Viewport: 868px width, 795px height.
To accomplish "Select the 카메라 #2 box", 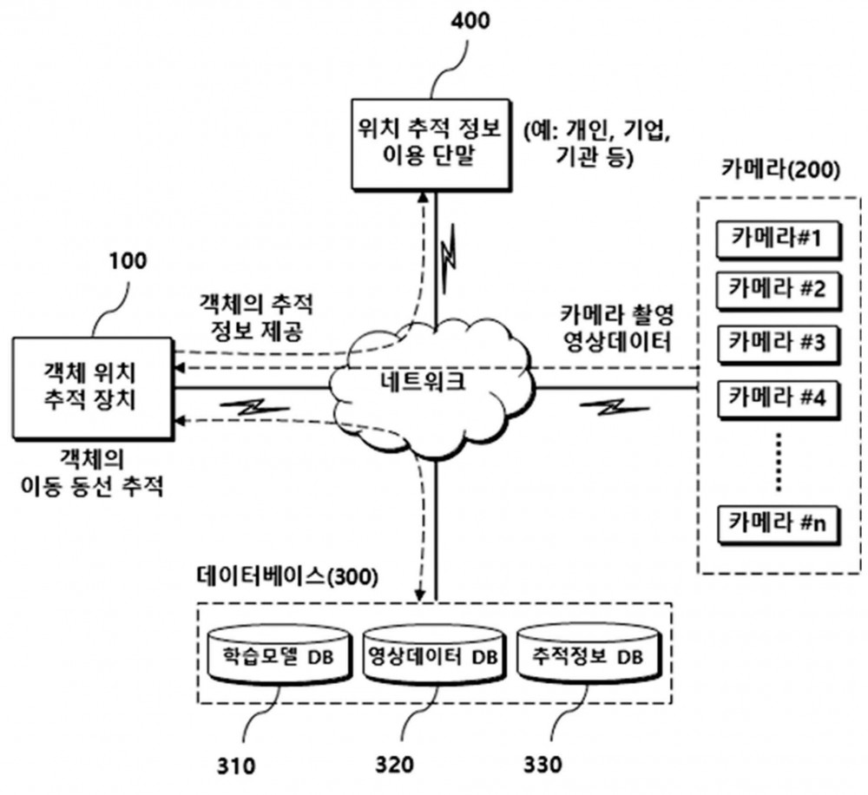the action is pos(779,290).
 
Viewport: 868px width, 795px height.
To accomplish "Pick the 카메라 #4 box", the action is pos(779,398).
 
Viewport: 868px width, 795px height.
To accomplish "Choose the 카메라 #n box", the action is pos(779,523).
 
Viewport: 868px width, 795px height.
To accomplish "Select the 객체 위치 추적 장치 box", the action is pos(93,388).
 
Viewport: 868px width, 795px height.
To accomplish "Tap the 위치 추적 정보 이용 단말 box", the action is pos(431,145).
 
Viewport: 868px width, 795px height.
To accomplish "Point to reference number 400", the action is pos(470,21).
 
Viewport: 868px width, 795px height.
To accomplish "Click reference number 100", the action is pos(128,260).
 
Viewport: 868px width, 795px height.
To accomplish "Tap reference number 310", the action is pos(236,766).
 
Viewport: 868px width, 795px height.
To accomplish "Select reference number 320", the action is pos(393,765).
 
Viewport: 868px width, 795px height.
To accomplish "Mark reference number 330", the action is pos(542,765).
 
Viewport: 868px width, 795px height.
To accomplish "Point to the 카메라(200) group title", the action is pos(780,169).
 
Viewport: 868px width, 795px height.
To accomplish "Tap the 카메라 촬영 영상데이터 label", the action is pos(616,328).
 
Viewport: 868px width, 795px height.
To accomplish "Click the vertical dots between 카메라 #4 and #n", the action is pos(779,462).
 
